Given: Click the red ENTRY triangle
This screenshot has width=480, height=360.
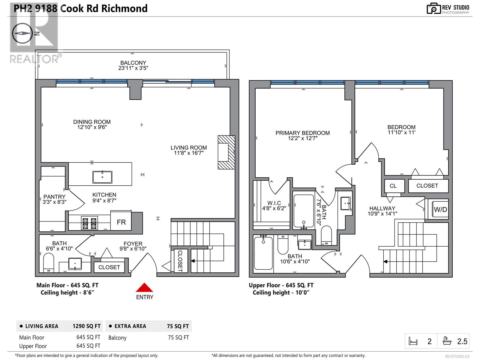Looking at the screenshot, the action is [x=144, y=288].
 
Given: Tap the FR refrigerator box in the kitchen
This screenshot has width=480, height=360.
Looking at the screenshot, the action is [x=121, y=220].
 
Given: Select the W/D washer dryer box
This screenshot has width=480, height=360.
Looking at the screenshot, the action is [x=440, y=209].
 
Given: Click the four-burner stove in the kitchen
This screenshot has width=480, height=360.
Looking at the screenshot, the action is [x=89, y=223].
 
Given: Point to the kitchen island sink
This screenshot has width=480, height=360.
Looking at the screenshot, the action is [x=102, y=177].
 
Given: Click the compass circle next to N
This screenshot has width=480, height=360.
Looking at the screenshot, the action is [x=22, y=33].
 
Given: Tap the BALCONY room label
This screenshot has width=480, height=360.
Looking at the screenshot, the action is [x=133, y=63].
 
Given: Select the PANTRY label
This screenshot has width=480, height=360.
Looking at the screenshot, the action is [x=55, y=197].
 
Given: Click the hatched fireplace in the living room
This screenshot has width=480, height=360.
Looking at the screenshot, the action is [x=226, y=152].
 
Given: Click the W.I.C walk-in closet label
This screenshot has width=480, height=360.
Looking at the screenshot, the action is [x=274, y=203].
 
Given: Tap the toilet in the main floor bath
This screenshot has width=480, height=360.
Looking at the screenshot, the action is [x=49, y=262].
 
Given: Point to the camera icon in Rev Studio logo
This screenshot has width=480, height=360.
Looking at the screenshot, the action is [x=433, y=9].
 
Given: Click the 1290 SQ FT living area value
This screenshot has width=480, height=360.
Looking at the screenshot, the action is [x=87, y=326].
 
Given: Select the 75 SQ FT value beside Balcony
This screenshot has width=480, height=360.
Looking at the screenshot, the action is [x=178, y=337].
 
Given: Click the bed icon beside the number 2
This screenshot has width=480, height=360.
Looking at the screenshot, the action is [x=413, y=341].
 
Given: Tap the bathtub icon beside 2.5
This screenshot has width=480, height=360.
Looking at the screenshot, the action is [x=447, y=341].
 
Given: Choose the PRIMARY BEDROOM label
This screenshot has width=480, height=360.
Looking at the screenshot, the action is [x=303, y=133].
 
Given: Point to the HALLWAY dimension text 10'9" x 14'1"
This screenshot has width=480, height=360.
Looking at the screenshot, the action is [x=382, y=214].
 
